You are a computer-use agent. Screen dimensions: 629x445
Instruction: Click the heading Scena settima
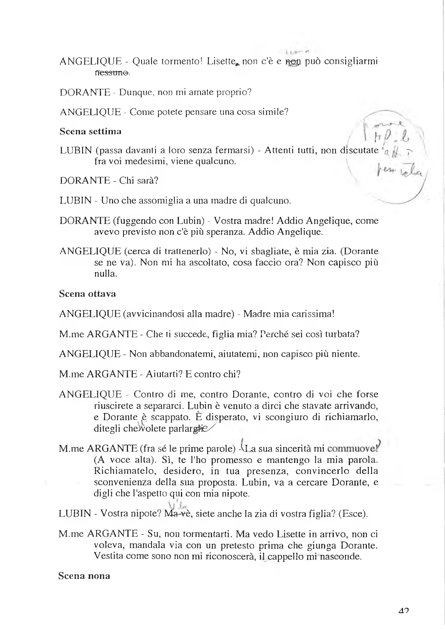coord(90,132)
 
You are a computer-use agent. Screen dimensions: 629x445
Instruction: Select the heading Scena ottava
coord(87,294)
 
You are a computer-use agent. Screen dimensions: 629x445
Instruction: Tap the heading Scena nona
coord(84,576)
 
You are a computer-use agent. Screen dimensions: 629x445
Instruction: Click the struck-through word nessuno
coord(112,73)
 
